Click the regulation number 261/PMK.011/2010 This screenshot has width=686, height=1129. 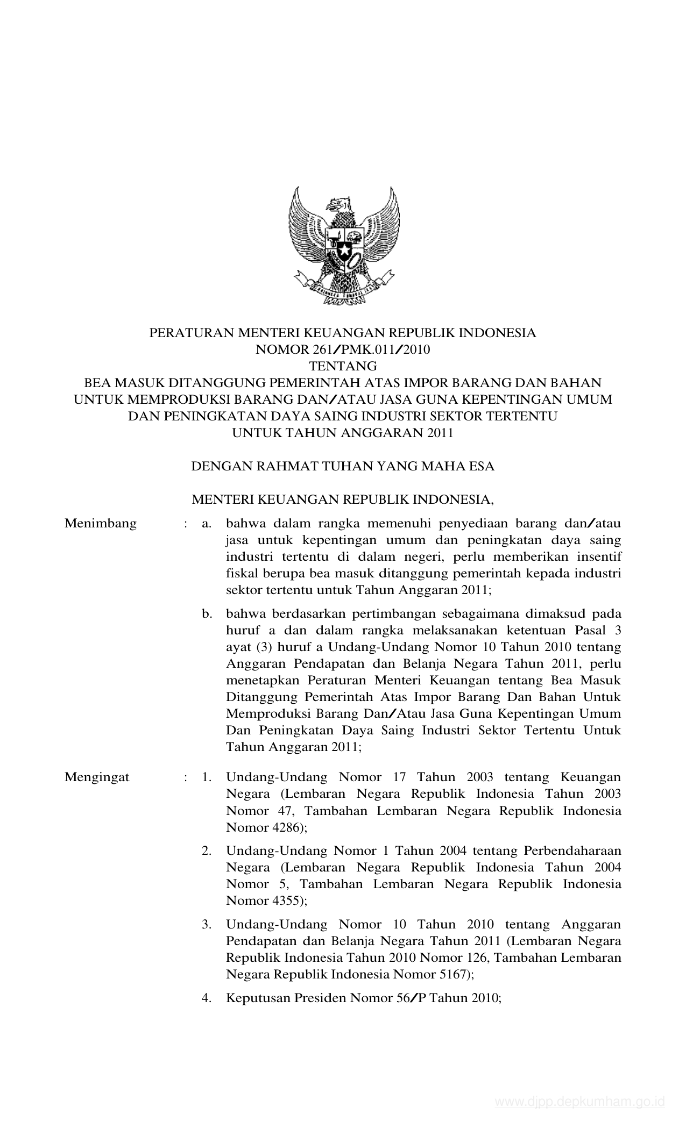[370, 350]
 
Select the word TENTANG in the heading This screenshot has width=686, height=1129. [343, 367]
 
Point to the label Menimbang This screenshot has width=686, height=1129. [101, 523]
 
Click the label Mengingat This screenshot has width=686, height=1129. [97, 777]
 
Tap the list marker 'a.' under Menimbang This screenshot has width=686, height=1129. [207, 523]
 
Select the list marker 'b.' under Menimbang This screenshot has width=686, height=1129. [207, 613]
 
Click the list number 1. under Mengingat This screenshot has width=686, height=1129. [207, 777]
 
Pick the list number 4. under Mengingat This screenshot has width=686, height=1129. [207, 998]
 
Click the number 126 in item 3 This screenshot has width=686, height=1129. [477, 957]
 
